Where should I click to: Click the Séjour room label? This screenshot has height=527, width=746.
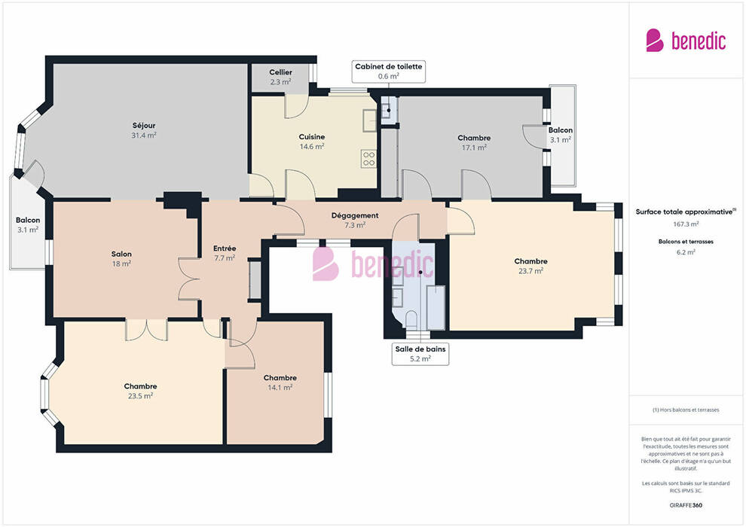(144, 126)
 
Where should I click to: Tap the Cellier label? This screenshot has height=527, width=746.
(281, 72)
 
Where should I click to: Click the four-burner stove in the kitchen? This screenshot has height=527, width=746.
(368, 159)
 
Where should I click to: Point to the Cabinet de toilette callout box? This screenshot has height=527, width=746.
(388, 72)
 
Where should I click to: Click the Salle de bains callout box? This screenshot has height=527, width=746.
(420, 354)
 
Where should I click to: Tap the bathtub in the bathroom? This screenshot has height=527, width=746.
(436, 307)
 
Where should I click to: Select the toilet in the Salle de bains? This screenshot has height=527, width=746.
(411, 319)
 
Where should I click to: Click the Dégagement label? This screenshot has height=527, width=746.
(355, 215)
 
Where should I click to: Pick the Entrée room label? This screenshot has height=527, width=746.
(225, 248)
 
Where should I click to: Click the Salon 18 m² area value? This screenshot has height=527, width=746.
(121, 263)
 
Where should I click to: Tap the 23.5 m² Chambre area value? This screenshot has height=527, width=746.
(140, 396)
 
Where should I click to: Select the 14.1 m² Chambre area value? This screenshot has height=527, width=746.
(280, 387)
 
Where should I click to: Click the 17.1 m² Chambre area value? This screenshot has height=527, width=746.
(474, 148)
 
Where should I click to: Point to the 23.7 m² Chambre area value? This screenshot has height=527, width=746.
(531, 271)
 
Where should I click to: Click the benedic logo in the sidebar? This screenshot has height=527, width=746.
(686, 41)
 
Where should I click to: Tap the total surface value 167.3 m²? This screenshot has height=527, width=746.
(686, 224)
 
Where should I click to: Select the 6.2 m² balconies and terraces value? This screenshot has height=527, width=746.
(686, 252)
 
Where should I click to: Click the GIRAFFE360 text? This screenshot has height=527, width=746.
(686, 505)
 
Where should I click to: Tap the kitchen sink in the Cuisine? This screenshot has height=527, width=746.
(370, 120)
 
